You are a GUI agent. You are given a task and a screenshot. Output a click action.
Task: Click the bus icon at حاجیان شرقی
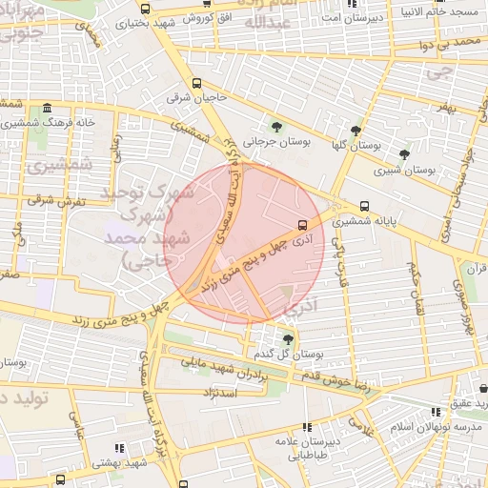197,83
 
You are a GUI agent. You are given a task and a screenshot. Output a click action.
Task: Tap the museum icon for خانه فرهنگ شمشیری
47,108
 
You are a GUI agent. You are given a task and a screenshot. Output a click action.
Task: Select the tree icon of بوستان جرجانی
276,126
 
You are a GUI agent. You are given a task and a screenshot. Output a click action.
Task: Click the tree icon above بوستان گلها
356,132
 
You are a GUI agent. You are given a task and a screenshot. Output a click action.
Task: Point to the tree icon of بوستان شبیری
404,153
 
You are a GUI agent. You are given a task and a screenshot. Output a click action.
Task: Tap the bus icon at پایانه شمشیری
364,206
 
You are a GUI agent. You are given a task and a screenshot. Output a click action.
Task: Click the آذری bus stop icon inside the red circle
302,226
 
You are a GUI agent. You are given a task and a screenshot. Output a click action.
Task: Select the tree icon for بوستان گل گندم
288,338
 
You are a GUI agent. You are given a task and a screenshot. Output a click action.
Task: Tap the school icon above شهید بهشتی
119,447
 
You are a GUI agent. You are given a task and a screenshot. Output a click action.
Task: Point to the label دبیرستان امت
352,16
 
